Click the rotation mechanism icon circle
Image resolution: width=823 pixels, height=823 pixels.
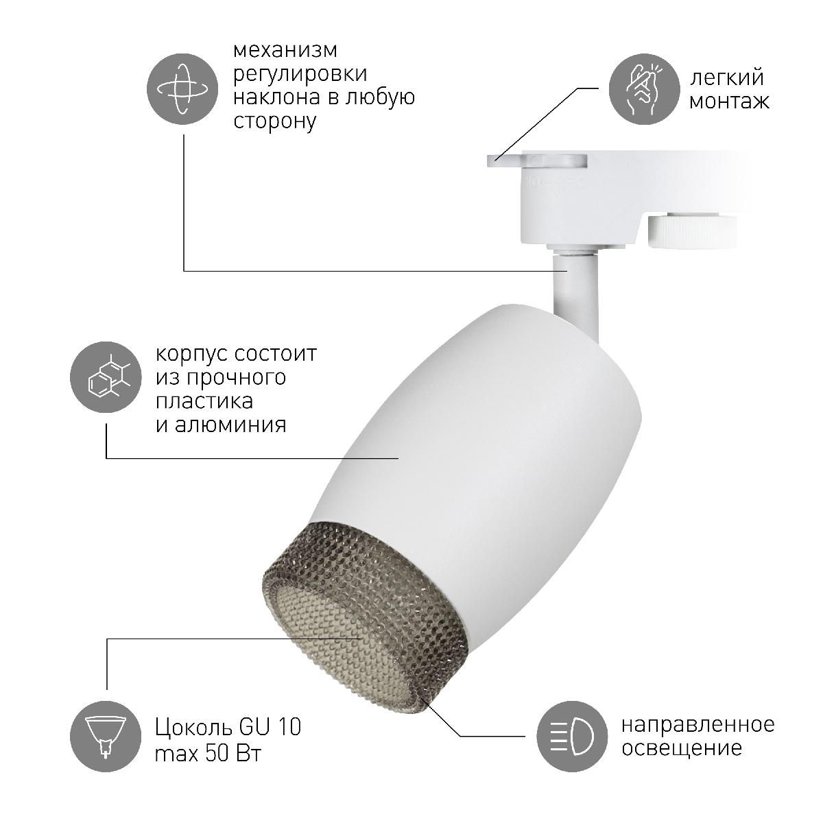tap(182, 89)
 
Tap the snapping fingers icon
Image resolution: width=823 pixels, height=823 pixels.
tap(643, 89)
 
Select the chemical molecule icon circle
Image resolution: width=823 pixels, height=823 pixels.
tap(106, 377)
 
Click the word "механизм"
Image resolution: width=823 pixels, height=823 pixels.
tap(285, 50)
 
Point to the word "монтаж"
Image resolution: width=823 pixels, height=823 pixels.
tap(730, 102)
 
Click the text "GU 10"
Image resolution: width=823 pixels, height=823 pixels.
tap(270, 726)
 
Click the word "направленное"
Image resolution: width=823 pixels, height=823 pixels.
tap(698, 725)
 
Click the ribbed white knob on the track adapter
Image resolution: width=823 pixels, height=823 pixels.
tap(692, 232)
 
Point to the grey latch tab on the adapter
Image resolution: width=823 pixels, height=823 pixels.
tap(537, 161)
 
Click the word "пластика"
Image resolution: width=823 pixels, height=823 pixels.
tap(204, 401)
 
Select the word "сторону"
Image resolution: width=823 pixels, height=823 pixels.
tap(274, 121)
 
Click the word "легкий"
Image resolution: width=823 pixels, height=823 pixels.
tap(726, 77)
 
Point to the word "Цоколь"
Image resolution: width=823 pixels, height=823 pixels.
tap(194, 728)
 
